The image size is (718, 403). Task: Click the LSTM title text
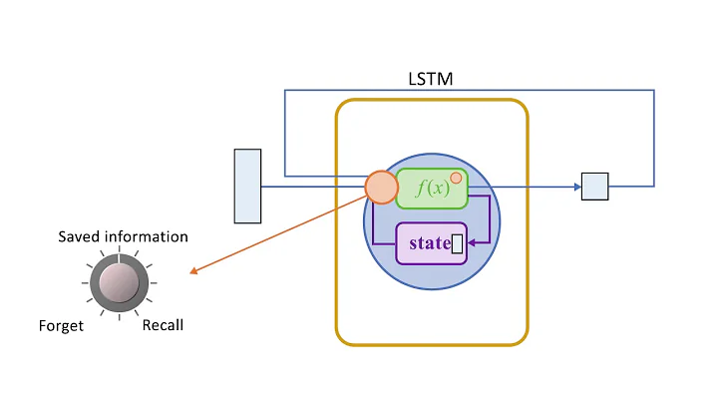pos(431,79)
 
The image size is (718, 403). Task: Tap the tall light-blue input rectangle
pos(247,186)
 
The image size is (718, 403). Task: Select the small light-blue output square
pos(594,187)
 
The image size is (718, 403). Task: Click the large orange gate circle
pos(381,187)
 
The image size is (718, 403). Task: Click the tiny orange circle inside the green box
pos(456,179)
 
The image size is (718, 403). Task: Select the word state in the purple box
pos(429,242)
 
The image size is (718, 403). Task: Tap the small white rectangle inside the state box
pos(458,242)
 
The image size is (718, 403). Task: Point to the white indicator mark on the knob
pos(118,259)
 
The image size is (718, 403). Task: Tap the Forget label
pos(61,326)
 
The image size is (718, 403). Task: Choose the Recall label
pos(163,326)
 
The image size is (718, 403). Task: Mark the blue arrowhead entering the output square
pos(576,187)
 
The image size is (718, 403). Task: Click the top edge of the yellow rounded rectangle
pos(431,100)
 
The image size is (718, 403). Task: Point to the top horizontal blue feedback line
pos(469,91)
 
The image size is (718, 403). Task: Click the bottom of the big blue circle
pos(431,289)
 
